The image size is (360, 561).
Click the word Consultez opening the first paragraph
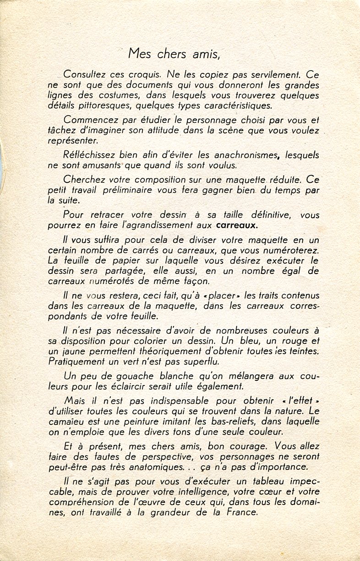coord(86,74)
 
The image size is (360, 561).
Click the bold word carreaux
coord(237,225)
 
